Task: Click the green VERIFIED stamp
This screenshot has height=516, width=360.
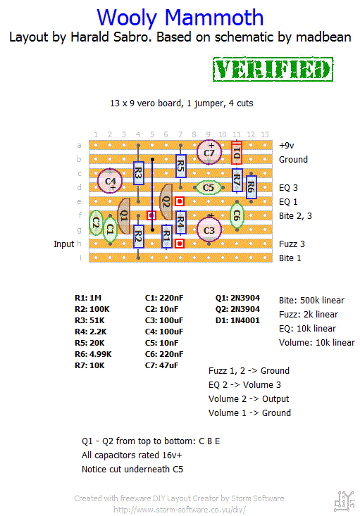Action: [x=273, y=69]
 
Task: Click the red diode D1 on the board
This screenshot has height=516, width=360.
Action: [x=237, y=153]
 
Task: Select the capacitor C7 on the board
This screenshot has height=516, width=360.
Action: [x=209, y=152]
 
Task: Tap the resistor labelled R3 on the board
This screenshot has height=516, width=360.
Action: [x=138, y=173]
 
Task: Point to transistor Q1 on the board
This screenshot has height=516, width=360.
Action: [x=124, y=216]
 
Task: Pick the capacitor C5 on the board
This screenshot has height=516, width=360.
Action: [x=209, y=187]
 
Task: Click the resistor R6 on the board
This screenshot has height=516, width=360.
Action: [x=251, y=187]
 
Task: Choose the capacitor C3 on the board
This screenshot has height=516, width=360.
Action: [x=209, y=230]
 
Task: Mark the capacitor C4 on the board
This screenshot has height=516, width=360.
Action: [x=110, y=181]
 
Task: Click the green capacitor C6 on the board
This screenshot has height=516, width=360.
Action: [x=237, y=215]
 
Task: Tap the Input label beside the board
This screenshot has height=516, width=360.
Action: [x=64, y=244]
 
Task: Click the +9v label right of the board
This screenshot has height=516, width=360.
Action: [x=287, y=146]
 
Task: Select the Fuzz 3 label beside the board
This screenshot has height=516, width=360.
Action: [x=292, y=244]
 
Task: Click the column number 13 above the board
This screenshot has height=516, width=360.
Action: [x=265, y=134]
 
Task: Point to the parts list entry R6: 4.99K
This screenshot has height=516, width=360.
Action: [x=93, y=354]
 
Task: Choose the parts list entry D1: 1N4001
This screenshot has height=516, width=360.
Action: [x=237, y=320]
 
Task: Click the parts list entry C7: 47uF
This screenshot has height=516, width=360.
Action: [x=162, y=365]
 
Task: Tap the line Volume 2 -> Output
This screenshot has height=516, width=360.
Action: [x=249, y=399]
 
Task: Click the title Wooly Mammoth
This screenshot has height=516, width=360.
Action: [x=180, y=18]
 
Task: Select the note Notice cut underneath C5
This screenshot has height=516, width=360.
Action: [x=132, y=469]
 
